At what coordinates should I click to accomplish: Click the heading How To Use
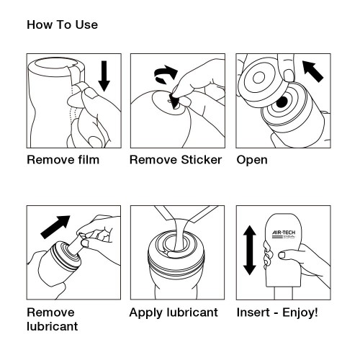tap(62, 25)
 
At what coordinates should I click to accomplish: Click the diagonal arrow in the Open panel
tap(312, 71)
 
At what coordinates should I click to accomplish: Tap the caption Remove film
tap(63, 159)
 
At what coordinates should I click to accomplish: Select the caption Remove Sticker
tap(176, 159)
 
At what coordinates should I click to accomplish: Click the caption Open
tap(252, 159)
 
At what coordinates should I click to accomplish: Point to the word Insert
tap(253, 312)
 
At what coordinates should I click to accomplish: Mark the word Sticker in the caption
tap(198, 159)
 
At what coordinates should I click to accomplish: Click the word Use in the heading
tap(86, 25)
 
